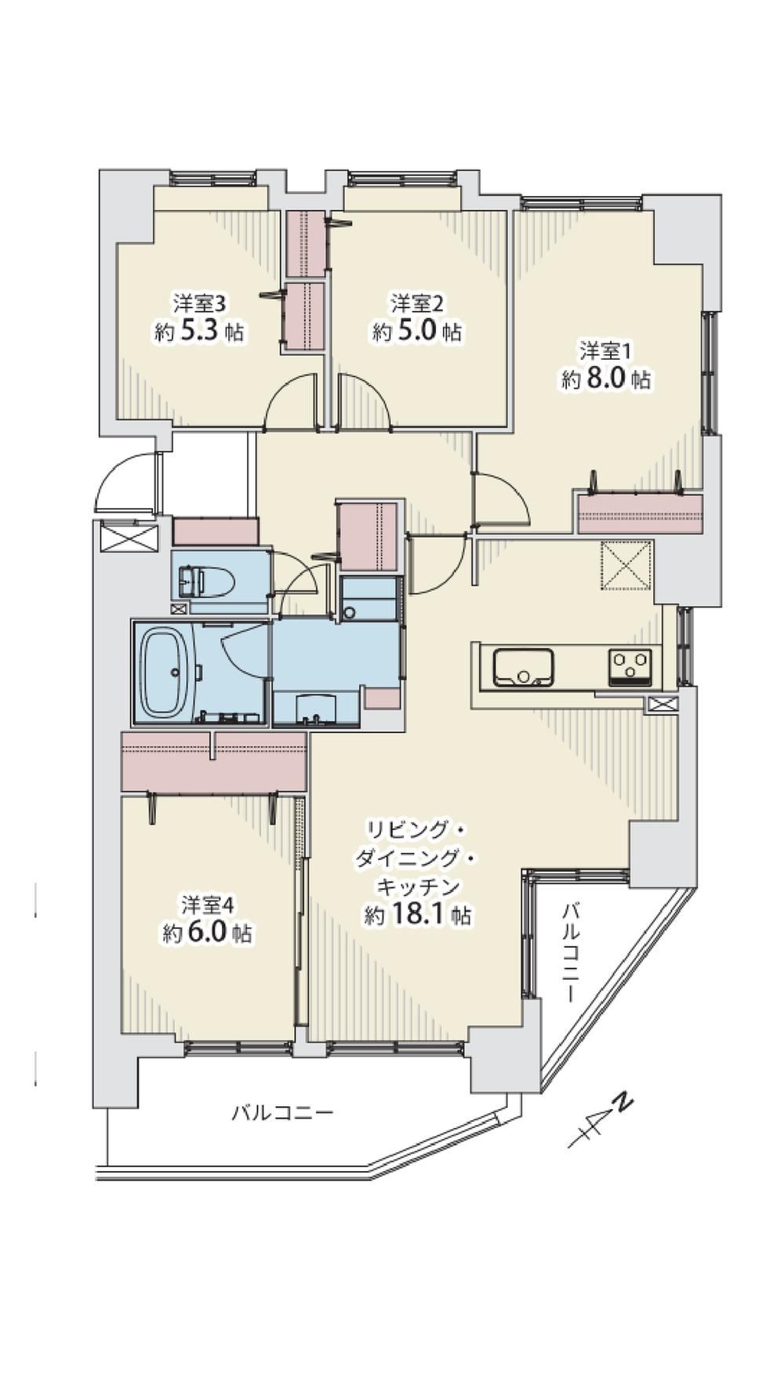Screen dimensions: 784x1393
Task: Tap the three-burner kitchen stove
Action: click(630, 668)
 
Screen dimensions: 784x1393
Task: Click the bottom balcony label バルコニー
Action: click(282, 1112)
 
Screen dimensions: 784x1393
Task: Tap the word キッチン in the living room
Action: click(417, 887)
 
